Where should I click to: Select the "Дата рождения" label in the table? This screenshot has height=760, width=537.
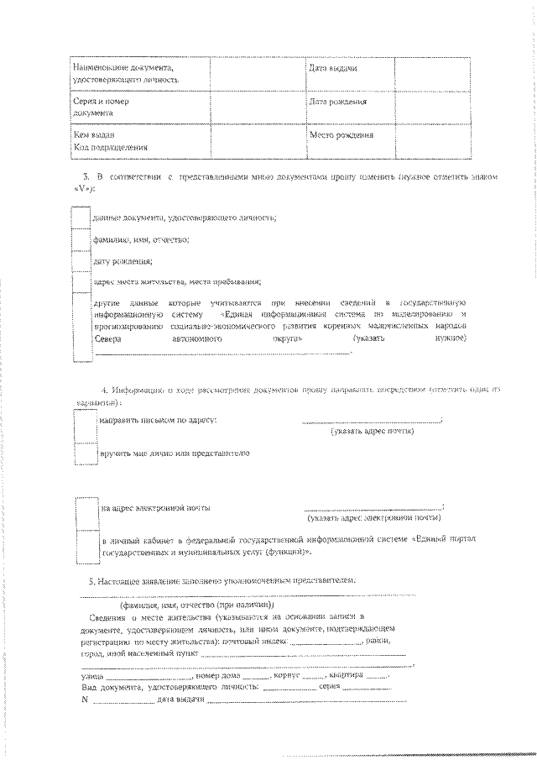tap(337, 102)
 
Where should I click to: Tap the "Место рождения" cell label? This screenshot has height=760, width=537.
tap(341, 134)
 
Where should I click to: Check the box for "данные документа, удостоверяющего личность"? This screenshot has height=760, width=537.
tap(81, 217)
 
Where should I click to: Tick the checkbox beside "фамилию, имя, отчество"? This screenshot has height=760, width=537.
tap(81, 239)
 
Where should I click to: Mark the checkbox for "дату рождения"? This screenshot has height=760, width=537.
tap(81, 261)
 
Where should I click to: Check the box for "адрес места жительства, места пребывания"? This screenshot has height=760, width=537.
tap(81, 282)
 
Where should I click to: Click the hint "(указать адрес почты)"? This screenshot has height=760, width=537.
tap(373, 431)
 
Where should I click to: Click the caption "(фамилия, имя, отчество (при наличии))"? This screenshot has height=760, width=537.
tap(197, 605)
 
